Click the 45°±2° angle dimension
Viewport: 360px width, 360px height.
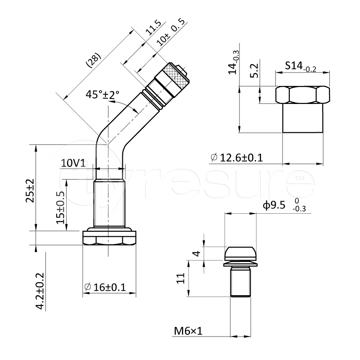[x=103, y=94]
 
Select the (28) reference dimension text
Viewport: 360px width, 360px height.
[x=93, y=61]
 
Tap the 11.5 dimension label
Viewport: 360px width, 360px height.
[x=153, y=27]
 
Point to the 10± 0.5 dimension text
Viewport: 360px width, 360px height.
[x=171, y=32]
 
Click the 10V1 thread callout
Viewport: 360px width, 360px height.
[x=73, y=163]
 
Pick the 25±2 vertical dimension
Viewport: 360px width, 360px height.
[x=30, y=191]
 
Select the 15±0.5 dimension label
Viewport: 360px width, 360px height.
[x=61, y=208]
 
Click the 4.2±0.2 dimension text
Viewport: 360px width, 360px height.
[x=39, y=291]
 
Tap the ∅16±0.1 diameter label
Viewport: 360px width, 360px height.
[x=105, y=287]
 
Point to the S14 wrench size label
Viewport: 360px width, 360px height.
[x=301, y=67]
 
